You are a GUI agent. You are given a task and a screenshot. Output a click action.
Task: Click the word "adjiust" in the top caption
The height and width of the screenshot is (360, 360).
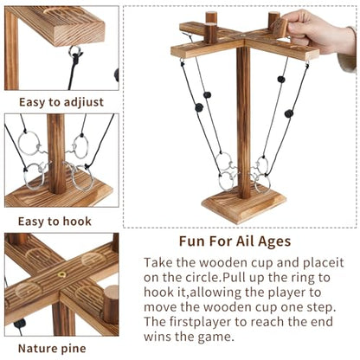84,103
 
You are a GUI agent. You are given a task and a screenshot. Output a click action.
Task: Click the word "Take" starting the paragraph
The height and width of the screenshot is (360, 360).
158,263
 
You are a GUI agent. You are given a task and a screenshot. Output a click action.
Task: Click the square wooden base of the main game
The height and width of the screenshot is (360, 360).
244,204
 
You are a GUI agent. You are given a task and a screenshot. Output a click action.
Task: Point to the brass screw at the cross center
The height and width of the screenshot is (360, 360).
61,274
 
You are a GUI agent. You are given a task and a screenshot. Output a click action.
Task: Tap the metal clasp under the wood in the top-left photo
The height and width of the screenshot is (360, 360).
75,54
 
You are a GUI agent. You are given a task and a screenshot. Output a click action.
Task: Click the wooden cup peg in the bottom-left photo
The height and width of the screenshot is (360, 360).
111,305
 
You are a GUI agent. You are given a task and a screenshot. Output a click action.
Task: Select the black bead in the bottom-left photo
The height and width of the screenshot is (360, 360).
20,324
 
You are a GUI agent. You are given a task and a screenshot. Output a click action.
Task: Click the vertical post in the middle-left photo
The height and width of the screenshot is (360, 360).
56,154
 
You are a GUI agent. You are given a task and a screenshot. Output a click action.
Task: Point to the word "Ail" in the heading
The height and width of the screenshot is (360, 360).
246,241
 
